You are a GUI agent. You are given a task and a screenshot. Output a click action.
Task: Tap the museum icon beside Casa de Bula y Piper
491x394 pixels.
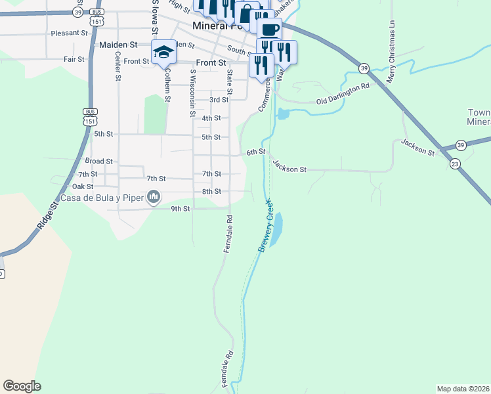click(x=154, y=196)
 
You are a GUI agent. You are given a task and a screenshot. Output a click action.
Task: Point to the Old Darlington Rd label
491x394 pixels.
click(x=343, y=94)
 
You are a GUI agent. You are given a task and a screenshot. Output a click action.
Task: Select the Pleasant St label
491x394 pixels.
click(x=69, y=32)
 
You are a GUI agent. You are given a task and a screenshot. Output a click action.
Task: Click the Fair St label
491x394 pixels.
click(x=74, y=59)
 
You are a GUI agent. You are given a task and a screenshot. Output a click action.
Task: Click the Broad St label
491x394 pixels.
click(x=99, y=161)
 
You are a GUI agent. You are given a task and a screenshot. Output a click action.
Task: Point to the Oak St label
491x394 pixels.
click(x=83, y=186)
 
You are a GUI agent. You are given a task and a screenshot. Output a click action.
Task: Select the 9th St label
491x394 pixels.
click(x=181, y=209)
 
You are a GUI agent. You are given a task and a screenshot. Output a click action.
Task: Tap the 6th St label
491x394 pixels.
click(x=255, y=152)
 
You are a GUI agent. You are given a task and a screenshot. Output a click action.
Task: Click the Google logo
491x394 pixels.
click(x=22, y=386)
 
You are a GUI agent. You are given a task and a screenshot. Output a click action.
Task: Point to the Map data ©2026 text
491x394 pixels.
click(x=463, y=389)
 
